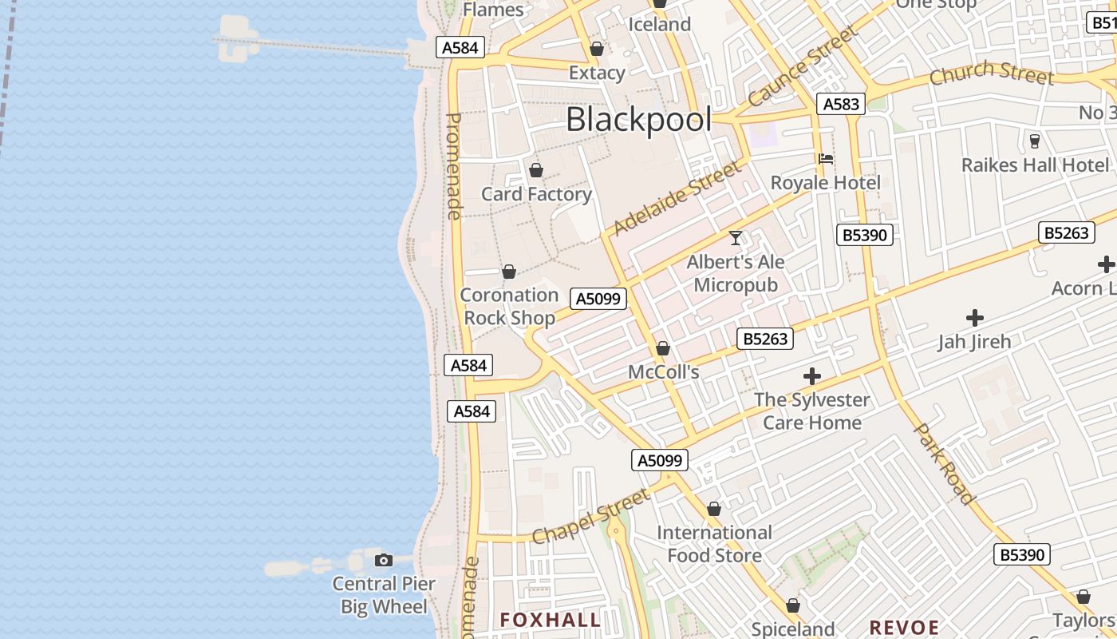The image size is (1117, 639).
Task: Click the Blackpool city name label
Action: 638,120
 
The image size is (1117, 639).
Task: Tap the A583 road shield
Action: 841,104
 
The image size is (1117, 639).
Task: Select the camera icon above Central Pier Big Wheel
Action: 384,560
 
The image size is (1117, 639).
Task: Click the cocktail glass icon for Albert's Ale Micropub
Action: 736,238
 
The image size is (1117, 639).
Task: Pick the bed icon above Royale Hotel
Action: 826,159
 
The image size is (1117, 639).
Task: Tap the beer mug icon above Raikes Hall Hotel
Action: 1035,141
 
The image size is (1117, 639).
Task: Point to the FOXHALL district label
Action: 550,620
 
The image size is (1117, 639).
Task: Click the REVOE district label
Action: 904,627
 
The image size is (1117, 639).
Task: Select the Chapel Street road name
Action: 591,517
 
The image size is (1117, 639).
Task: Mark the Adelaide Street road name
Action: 677,198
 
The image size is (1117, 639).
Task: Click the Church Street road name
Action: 991,72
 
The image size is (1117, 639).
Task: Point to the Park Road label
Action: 944,464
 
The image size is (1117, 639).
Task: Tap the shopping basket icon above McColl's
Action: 663,349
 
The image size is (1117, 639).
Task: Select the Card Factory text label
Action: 536,194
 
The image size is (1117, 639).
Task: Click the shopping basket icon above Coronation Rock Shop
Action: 509,272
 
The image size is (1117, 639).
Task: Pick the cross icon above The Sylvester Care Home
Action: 812,376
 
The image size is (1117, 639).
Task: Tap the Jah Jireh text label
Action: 974,342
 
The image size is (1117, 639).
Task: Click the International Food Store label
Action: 714,544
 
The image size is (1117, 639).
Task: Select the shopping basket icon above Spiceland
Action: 793,606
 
